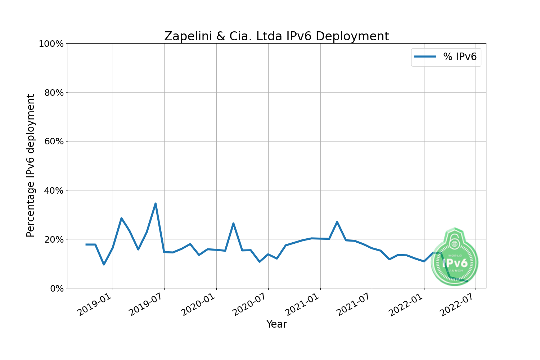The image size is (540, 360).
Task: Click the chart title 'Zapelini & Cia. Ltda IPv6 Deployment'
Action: point(276,36)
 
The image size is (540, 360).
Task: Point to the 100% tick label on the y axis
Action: point(51,44)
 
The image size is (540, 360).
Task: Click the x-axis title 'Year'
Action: point(276,324)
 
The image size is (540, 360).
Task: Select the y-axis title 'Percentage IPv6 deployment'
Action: point(31,166)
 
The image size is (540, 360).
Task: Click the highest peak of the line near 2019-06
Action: point(156,203)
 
